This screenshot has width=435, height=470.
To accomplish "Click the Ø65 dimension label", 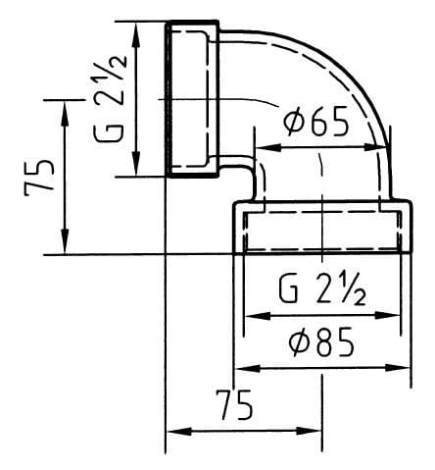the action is tap(316, 123).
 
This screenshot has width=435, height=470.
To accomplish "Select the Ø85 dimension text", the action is tap(321, 342).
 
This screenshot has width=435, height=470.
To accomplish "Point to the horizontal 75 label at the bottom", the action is tap(237, 405).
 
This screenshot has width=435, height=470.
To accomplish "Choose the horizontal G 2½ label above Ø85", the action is tap(322, 289).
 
